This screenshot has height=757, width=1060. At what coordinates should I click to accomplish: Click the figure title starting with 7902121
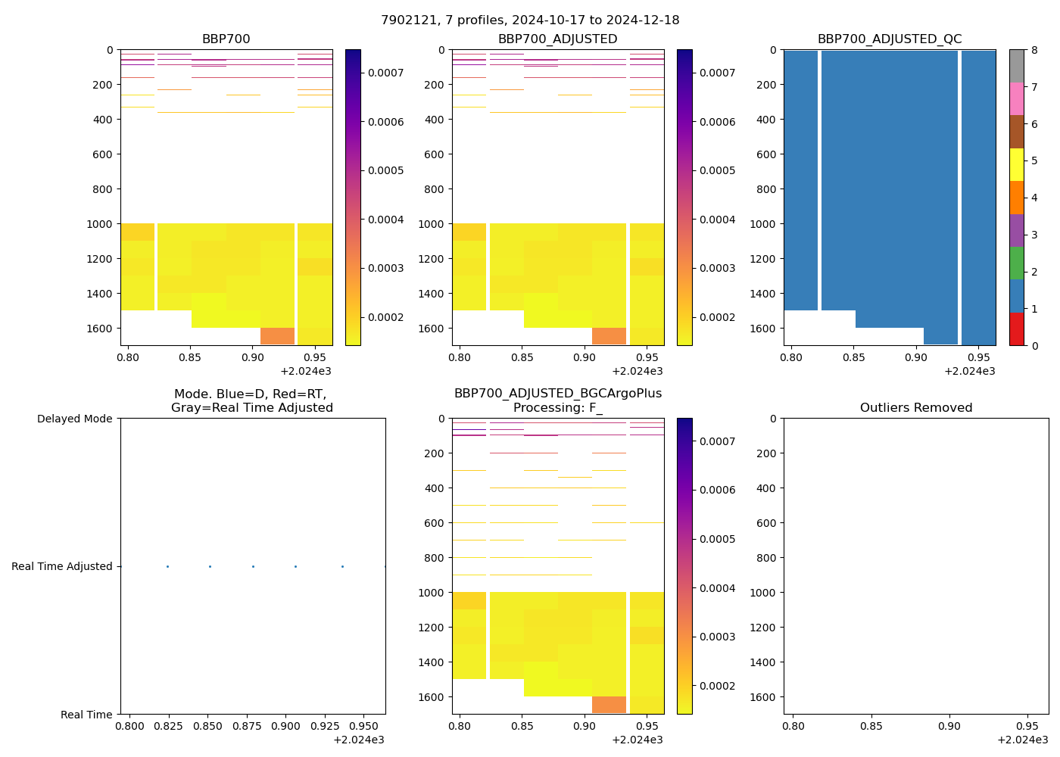click(530, 20)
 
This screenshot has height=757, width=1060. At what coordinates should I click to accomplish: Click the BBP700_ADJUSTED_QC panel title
click(890, 39)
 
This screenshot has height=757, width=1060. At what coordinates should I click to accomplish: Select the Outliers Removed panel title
click(915, 408)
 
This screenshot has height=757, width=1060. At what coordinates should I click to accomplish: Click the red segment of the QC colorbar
click(1016, 329)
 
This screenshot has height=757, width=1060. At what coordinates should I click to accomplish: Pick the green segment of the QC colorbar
click(1016, 263)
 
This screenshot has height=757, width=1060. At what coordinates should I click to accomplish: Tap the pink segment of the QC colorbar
click(1016, 99)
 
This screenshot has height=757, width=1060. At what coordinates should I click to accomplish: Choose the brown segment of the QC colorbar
click(1016, 132)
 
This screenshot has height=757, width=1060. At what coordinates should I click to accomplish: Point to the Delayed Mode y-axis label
click(74, 419)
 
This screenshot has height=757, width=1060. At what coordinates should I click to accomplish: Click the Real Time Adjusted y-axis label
click(62, 566)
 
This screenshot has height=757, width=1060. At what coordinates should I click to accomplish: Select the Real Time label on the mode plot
click(86, 715)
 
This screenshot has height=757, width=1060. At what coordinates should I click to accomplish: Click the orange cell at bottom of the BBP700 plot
click(277, 336)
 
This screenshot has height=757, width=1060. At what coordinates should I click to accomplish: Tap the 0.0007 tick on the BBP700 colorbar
click(386, 73)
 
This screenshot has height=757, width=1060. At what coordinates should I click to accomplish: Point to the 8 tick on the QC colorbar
click(1034, 51)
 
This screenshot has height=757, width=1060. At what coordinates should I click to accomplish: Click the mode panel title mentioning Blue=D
click(252, 400)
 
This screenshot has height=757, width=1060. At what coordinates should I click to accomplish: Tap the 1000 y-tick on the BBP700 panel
click(101, 224)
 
